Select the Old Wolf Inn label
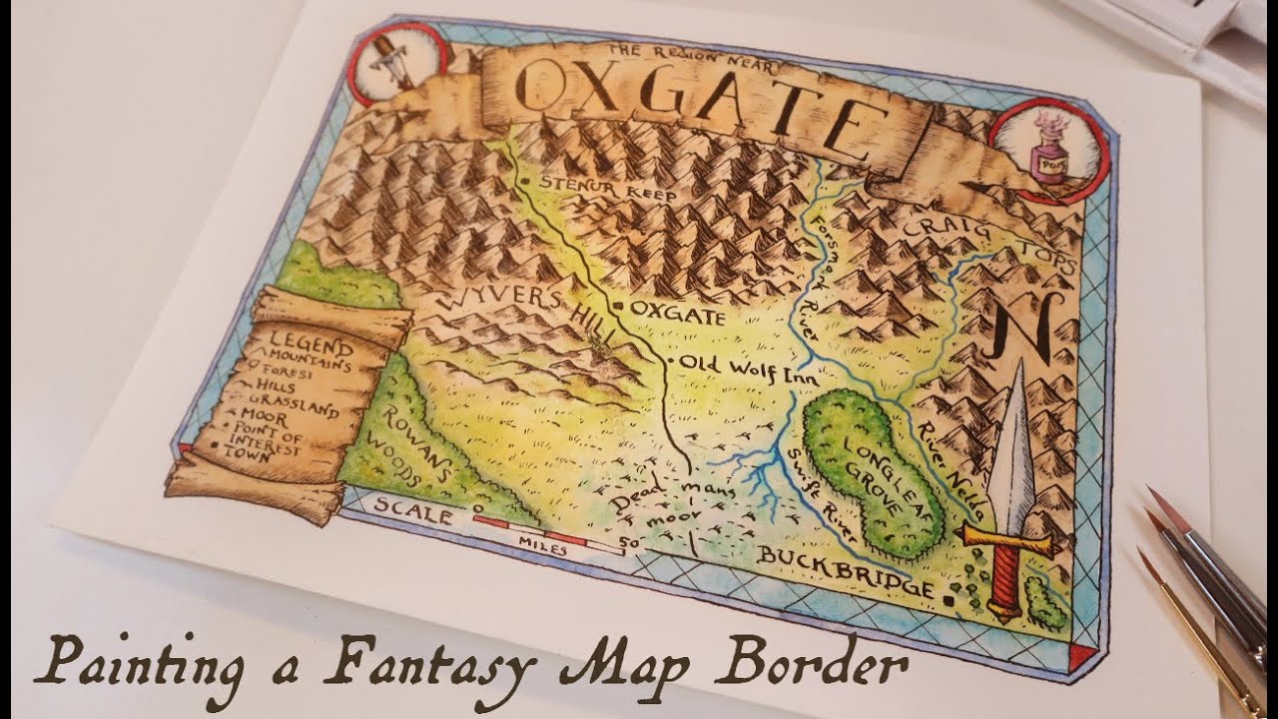tap(749, 370)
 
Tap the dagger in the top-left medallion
tap(385, 59)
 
